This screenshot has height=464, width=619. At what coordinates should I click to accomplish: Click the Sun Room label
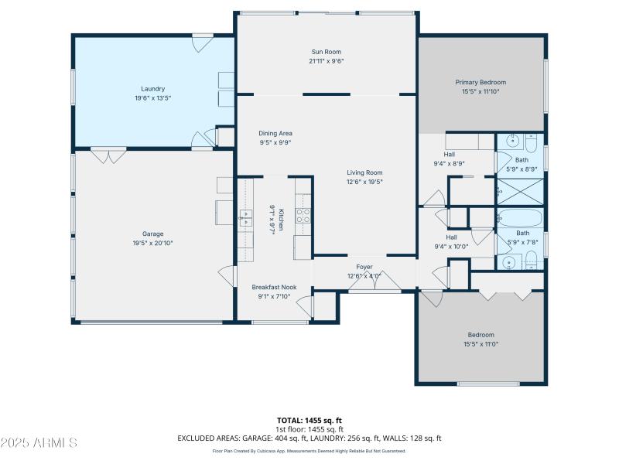click(x=326, y=51)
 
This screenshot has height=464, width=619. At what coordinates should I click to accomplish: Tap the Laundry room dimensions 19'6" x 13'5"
click(x=152, y=98)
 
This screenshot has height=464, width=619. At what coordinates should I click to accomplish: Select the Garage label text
click(x=152, y=234)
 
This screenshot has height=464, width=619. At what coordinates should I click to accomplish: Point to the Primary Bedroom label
click(x=480, y=82)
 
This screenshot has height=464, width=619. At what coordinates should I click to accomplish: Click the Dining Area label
click(x=275, y=133)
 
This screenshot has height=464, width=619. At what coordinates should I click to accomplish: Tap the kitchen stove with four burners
click(x=303, y=216)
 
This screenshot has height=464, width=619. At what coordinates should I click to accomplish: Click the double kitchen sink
click(x=245, y=217)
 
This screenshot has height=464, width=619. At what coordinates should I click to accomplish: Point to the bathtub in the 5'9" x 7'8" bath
click(x=521, y=217)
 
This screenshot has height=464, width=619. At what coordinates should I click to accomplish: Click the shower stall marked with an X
click(x=520, y=190)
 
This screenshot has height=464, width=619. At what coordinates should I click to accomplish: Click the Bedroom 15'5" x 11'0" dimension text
click(x=480, y=344)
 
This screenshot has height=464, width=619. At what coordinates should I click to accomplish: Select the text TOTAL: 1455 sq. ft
click(x=309, y=420)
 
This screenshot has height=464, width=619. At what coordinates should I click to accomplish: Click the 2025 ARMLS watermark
click(x=39, y=442)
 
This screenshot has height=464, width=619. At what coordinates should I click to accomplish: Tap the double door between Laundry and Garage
click(x=108, y=155)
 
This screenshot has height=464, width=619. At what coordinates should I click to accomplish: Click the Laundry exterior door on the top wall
click(x=203, y=43)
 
